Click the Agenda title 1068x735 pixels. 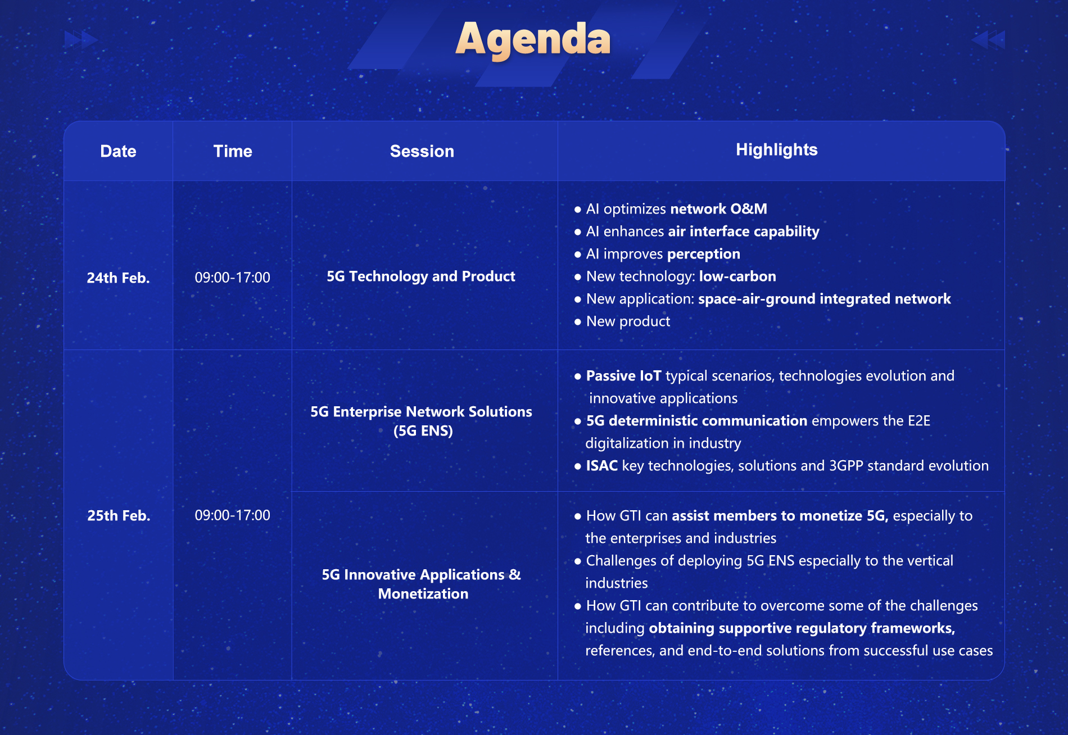coord(533,40)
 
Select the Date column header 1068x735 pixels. coord(118,151)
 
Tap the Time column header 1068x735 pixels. coord(233,151)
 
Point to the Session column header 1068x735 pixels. coord(422,151)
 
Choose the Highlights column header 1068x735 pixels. coord(777,150)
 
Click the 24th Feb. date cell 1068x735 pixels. coord(118,278)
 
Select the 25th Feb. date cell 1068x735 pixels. coord(119,515)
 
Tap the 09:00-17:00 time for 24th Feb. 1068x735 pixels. coord(232,277)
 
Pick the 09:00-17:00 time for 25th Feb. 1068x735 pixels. coord(232,515)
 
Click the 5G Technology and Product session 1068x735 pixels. coord(421,276)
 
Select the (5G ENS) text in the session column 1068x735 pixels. coord(423,431)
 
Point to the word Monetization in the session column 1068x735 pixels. coord(423,594)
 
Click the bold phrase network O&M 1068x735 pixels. coord(719,209)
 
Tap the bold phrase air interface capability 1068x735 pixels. coord(744,232)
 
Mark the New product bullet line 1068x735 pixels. coord(622,321)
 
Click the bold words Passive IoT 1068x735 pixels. coord(624,376)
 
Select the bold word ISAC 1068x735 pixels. coord(602,466)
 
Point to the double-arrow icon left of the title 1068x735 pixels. coord(82,39)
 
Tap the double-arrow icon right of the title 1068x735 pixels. coord(988,39)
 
